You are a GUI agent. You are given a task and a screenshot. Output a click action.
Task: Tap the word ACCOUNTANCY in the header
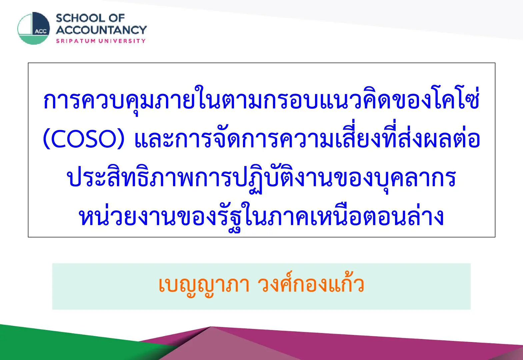[101, 30]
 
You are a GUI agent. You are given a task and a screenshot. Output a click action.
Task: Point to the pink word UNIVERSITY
[122, 41]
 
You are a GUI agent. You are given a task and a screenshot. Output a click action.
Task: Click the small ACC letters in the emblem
[41, 32]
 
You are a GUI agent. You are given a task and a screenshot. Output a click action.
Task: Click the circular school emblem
[34, 28]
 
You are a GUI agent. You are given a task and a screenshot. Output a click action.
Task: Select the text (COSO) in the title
[84, 139]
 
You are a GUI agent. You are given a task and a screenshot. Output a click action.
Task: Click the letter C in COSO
[58, 139]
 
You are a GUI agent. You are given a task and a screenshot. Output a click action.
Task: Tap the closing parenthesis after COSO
[121, 139]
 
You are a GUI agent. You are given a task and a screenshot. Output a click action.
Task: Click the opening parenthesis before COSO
[46, 139]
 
